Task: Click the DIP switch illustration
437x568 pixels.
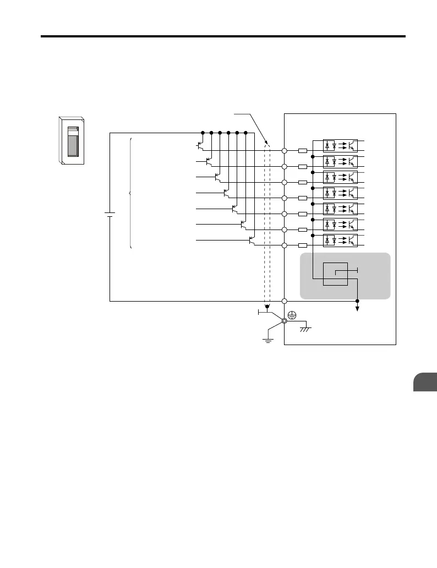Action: [71, 140]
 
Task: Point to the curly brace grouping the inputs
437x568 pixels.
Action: [130, 193]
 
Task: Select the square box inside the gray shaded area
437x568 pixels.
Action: [335, 274]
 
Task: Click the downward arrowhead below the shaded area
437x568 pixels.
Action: [358, 309]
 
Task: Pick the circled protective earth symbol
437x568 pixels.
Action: [293, 315]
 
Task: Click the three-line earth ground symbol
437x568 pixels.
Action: [267, 340]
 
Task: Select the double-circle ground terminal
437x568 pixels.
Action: [285, 321]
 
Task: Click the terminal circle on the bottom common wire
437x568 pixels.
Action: [285, 301]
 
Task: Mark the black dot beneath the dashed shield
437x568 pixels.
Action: [267, 307]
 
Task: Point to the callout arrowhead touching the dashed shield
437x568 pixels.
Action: [265, 142]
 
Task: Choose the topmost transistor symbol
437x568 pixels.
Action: [200, 146]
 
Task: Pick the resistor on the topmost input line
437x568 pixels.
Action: [302, 150]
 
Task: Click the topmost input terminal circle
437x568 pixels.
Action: [285, 150]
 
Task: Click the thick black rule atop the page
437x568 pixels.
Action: [223, 37]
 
